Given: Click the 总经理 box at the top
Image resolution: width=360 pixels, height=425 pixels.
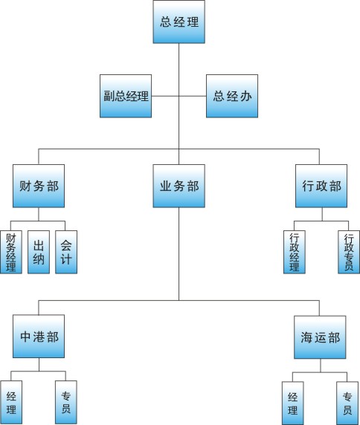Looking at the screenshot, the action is pos(179,22).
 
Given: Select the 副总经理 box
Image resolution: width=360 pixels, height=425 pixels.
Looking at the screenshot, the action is pos(126,96).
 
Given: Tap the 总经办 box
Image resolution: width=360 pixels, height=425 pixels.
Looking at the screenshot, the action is pos(232,96).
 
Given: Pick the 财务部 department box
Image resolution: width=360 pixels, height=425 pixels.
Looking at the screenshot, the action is pos(39,186).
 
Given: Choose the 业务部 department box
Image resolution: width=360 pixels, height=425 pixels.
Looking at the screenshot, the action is pos(179,186).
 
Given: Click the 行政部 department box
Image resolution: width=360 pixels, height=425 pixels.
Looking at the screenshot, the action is pos(321,186).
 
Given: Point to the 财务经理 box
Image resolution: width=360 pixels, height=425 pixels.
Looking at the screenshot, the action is pos(11,252).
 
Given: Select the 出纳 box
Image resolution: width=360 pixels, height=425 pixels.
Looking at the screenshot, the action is pos(39,252).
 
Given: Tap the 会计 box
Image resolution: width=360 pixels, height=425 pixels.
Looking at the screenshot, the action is pos(66,252).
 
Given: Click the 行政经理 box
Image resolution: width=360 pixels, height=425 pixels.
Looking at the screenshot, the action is pos(295,252).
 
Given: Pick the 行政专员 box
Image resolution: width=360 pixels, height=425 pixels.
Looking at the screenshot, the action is pos(349,252).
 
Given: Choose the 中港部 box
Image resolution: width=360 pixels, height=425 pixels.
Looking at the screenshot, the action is pos(39,336).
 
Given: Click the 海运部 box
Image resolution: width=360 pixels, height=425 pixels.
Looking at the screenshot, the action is pos(320,337).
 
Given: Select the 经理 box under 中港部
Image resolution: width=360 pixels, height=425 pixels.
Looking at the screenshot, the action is pos(11,402).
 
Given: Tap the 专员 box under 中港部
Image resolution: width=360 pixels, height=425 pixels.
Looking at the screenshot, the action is pos(66,402).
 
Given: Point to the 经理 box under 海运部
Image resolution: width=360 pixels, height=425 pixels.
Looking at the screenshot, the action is pos(293,403).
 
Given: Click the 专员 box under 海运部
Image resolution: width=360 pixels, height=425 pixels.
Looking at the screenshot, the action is pos(347,403).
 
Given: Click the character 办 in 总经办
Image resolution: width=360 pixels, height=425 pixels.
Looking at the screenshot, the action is pos(245,97).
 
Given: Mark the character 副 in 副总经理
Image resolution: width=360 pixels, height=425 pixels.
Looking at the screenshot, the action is pos(109,96).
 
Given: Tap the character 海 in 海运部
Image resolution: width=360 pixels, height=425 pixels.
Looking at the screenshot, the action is pos(306,337).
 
